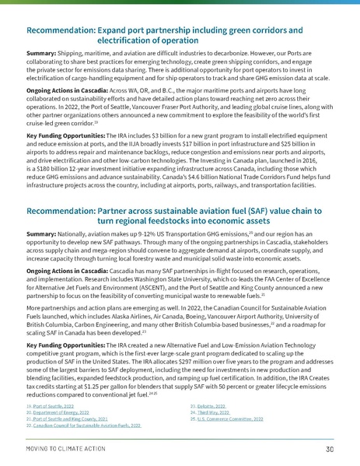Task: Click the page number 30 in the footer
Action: point(329,449)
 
